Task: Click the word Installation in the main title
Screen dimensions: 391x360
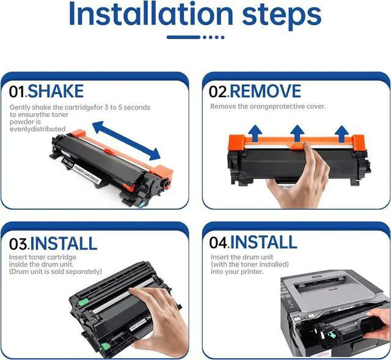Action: tap(151, 14)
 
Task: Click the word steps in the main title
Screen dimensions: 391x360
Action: tap(282, 17)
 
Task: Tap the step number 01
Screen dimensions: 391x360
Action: tap(18, 92)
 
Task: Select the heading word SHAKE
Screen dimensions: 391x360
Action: tap(56, 91)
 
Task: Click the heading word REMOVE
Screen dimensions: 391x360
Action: tap(265, 91)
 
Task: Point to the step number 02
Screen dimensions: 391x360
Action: tap(219, 92)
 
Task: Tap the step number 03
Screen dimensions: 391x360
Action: tap(19, 244)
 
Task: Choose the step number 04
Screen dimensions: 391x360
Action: tap(219, 243)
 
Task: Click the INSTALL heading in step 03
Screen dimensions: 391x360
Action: tap(64, 243)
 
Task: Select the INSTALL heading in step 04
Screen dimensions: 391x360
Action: tap(263, 242)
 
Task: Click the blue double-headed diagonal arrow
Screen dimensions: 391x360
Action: tap(126, 141)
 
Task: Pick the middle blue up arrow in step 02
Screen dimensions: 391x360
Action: tap(297, 133)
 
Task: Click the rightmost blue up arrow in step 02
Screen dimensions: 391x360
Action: tap(342, 134)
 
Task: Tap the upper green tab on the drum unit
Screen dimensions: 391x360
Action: tap(83, 303)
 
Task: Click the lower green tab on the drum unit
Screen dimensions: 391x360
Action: tap(105, 347)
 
